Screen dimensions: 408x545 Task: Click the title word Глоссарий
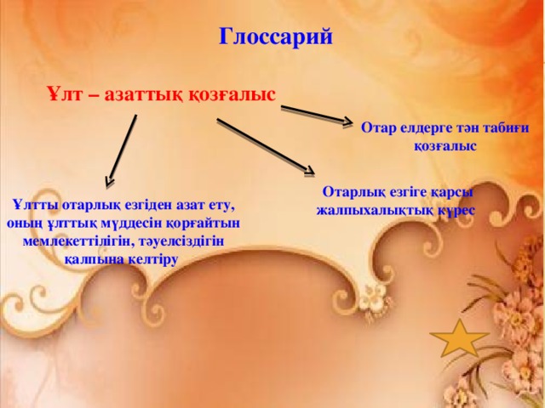click(x=270, y=37)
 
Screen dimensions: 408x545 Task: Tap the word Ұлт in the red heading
click(x=64, y=94)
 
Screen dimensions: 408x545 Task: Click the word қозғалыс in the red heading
click(x=232, y=94)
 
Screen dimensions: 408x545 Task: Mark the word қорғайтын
click(x=200, y=223)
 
